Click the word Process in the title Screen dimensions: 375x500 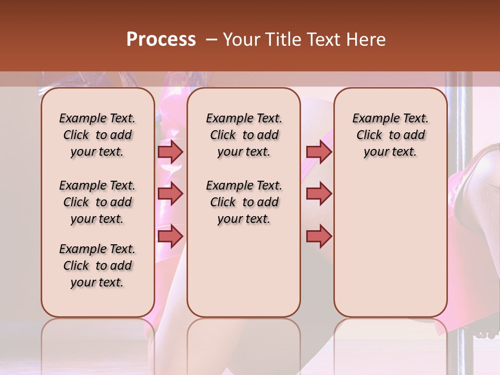(160, 40)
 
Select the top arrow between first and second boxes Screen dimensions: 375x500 (170, 152)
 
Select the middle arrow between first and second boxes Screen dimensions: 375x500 (170, 194)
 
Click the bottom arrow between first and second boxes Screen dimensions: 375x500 (170, 236)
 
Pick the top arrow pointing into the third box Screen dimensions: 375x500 (319, 152)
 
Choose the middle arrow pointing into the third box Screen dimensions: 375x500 (319, 194)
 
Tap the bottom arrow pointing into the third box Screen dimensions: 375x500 (319, 236)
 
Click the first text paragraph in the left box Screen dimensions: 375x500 (97, 135)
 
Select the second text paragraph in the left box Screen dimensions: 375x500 (97, 202)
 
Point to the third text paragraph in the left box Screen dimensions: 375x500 (97, 266)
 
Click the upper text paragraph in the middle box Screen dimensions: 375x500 (244, 135)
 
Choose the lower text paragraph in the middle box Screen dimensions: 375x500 (244, 202)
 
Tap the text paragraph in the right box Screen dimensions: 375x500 (390, 135)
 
